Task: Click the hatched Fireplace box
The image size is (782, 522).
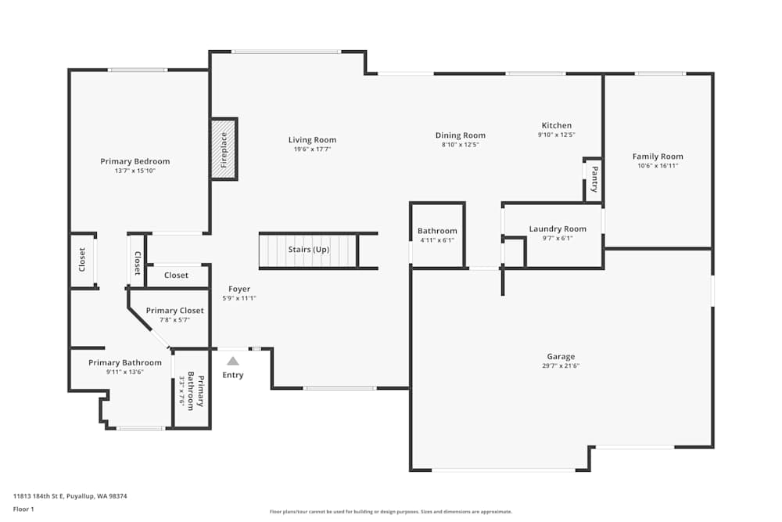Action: (x=224, y=149)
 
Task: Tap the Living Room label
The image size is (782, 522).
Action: (x=312, y=140)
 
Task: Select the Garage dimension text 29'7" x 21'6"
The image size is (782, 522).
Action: (x=561, y=365)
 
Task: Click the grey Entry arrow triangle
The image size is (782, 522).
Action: (x=232, y=361)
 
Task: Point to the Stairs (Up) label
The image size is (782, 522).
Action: (x=310, y=250)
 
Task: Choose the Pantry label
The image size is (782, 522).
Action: (x=594, y=178)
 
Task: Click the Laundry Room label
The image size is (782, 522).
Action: (x=557, y=229)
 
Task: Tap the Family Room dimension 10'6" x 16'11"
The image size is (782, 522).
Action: (x=658, y=166)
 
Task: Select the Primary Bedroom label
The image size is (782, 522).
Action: (x=135, y=161)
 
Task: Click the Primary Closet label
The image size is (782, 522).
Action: (x=174, y=311)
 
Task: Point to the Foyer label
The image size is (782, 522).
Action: (x=239, y=290)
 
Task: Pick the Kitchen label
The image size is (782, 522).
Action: (x=557, y=125)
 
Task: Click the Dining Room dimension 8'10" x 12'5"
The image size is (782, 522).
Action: (x=460, y=145)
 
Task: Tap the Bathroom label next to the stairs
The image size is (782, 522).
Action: (x=437, y=231)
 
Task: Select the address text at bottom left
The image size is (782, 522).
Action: (x=70, y=495)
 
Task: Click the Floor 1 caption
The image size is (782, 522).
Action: (x=24, y=509)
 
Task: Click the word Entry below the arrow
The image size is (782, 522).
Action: (x=233, y=375)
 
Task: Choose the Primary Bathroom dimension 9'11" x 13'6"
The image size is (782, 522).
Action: (x=125, y=372)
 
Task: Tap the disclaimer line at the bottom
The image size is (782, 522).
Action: (x=391, y=512)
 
